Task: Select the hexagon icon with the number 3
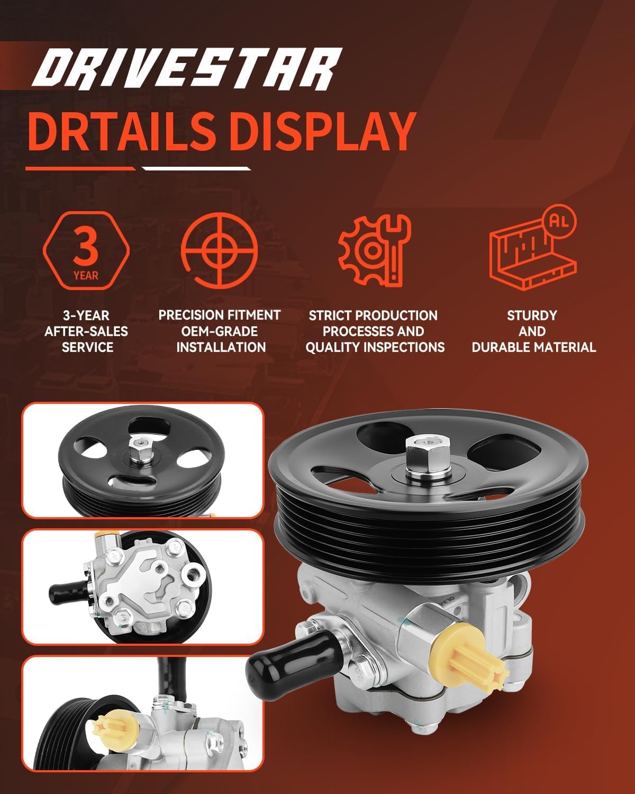pyautogui.click(x=86, y=250)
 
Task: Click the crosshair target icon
pyautogui.click(x=220, y=250)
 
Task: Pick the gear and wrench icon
pyautogui.click(x=374, y=251)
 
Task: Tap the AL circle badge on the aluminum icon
pyautogui.click(x=559, y=221)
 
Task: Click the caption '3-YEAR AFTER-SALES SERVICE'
pyautogui.click(x=86, y=331)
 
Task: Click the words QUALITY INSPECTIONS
pyautogui.click(x=375, y=347)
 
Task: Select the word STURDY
pyautogui.click(x=532, y=315)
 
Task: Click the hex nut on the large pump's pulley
pyautogui.click(x=428, y=457)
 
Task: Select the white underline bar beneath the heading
pyautogui.click(x=196, y=169)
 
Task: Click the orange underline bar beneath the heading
pyautogui.click(x=80, y=169)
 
